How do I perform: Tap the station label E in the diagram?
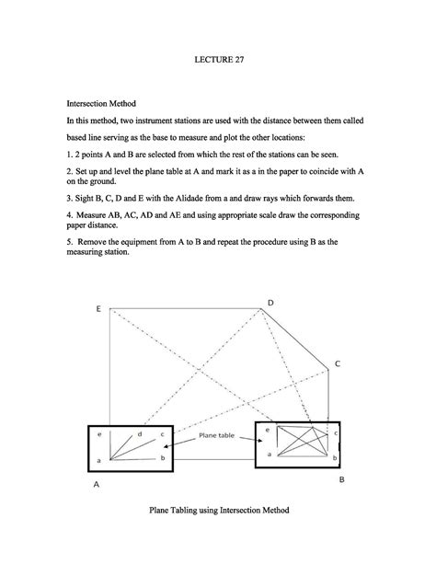point(98,309)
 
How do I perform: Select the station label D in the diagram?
point(270,303)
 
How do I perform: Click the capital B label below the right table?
point(342,480)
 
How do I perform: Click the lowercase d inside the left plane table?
point(140,432)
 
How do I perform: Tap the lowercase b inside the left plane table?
point(163,457)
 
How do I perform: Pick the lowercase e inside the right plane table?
point(268,430)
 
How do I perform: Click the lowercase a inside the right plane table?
point(269,454)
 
